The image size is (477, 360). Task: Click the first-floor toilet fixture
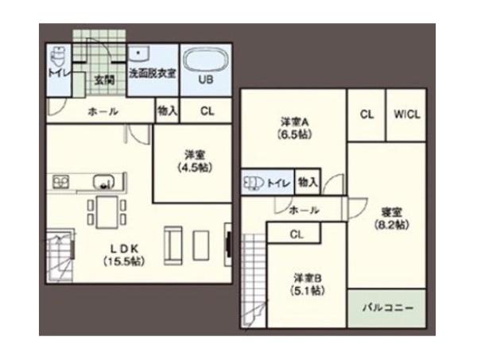point(57,59)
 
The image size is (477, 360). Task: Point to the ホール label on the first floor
point(103,112)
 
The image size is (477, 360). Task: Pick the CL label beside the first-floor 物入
point(207,112)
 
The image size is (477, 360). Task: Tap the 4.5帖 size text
point(191,168)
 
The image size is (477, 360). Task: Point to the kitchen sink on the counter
point(103,180)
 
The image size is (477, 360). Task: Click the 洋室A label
point(294,122)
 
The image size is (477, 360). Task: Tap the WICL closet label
point(407,114)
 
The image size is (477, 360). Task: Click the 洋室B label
point(306,277)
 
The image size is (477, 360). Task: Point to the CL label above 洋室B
point(296,234)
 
